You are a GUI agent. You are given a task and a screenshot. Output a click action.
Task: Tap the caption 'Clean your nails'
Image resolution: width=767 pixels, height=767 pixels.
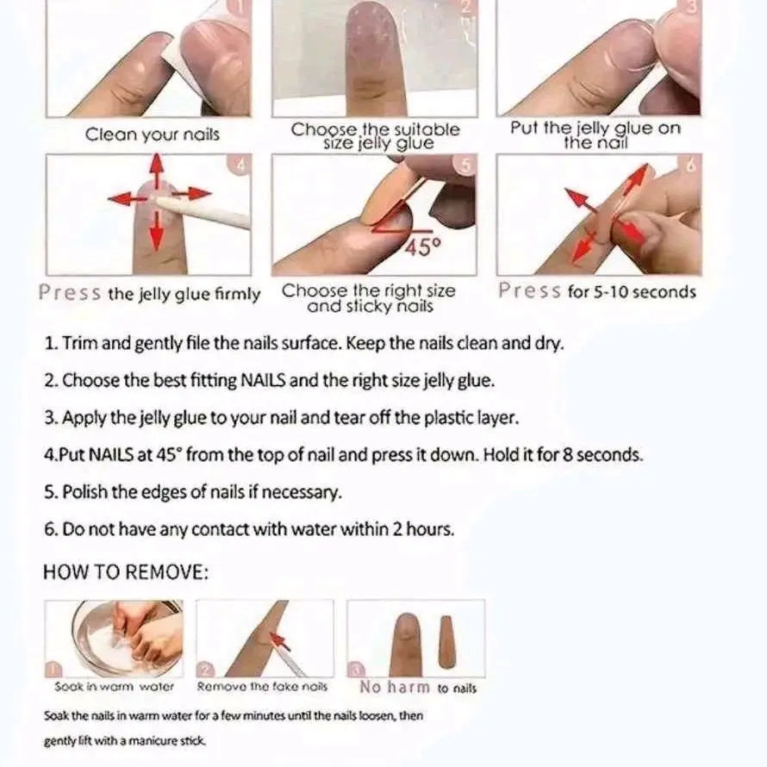pyautogui.click(x=153, y=134)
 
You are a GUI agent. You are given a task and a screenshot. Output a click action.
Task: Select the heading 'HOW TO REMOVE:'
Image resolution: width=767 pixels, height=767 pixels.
pyautogui.click(x=126, y=572)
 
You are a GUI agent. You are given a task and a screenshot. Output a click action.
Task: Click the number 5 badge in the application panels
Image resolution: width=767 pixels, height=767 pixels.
pyautogui.click(x=465, y=165)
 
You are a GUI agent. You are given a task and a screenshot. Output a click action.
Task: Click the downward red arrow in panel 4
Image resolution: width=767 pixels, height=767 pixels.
pyautogui.click(x=156, y=231)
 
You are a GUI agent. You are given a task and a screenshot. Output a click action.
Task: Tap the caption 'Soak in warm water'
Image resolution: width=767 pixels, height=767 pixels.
pyautogui.click(x=115, y=687)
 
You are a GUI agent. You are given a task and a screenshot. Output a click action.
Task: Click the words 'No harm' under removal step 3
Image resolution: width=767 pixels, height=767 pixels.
pyautogui.click(x=395, y=687)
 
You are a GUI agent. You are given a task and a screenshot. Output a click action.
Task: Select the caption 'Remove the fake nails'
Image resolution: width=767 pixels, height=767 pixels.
pyautogui.click(x=262, y=687)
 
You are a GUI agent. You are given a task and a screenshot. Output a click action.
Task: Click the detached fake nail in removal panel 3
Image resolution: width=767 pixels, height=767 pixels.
pyautogui.click(x=446, y=642)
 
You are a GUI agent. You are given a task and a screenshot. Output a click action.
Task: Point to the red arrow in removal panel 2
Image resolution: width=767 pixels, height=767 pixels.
pyautogui.click(x=279, y=641)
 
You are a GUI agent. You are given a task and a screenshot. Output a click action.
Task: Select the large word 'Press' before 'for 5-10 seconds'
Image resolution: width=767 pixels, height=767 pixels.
pyautogui.click(x=530, y=290)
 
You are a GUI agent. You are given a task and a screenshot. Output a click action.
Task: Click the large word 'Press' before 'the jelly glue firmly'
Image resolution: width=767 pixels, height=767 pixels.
pyautogui.click(x=70, y=292)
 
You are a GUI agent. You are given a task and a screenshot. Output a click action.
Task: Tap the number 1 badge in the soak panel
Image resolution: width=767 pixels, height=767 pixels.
pyautogui.click(x=53, y=669)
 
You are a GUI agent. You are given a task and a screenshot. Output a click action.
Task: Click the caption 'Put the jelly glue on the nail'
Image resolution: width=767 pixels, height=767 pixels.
pyautogui.click(x=596, y=135)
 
